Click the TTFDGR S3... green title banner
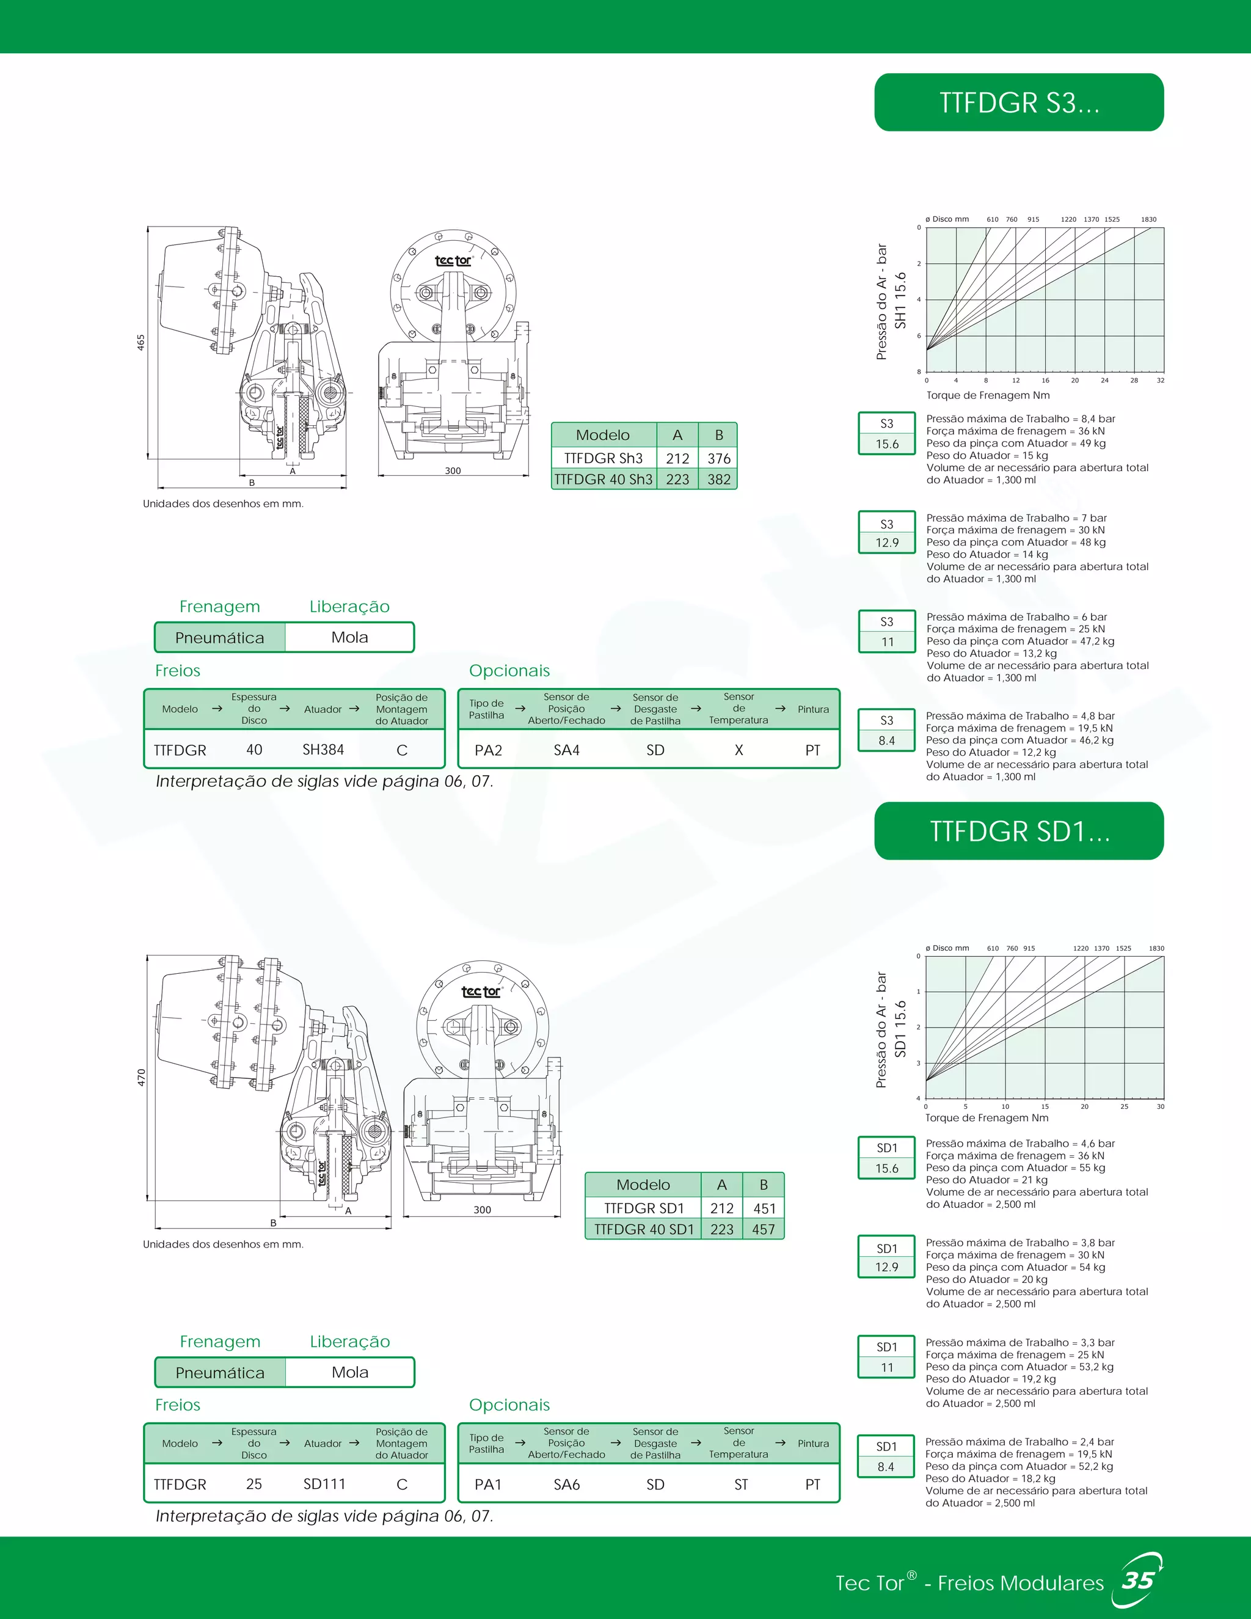click(1018, 102)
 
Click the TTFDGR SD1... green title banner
click(1018, 831)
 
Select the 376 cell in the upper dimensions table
click(718, 458)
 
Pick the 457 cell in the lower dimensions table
click(764, 1229)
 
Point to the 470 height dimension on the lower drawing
click(141, 1077)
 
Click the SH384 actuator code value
click(323, 750)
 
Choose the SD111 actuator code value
click(324, 1484)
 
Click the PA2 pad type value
click(489, 750)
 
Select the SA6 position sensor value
click(566, 1484)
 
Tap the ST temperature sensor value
click(740, 1484)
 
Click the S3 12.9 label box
click(886, 533)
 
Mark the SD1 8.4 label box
click(886, 1456)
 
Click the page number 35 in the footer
click(1137, 1581)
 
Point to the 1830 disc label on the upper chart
click(1148, 219)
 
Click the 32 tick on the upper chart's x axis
click(1160, 380)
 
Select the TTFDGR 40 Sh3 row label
click(604, 479)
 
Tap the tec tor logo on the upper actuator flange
click(453, 260)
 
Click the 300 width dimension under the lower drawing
click(483, 1209)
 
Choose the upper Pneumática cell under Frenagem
click(219, 637)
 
